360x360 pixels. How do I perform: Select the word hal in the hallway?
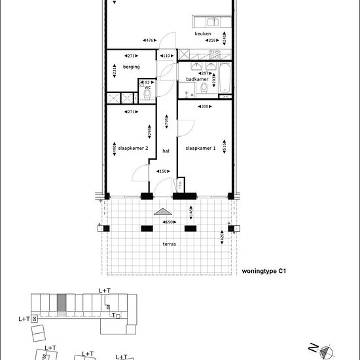166,151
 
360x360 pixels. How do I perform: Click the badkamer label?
197,79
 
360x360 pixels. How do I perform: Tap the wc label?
148,87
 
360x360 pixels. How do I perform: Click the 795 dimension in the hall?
167,122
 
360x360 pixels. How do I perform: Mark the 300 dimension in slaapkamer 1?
204,106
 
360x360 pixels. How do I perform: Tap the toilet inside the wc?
148,96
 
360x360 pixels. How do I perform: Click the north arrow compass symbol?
325,350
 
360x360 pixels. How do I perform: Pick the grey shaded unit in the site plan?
62,304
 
